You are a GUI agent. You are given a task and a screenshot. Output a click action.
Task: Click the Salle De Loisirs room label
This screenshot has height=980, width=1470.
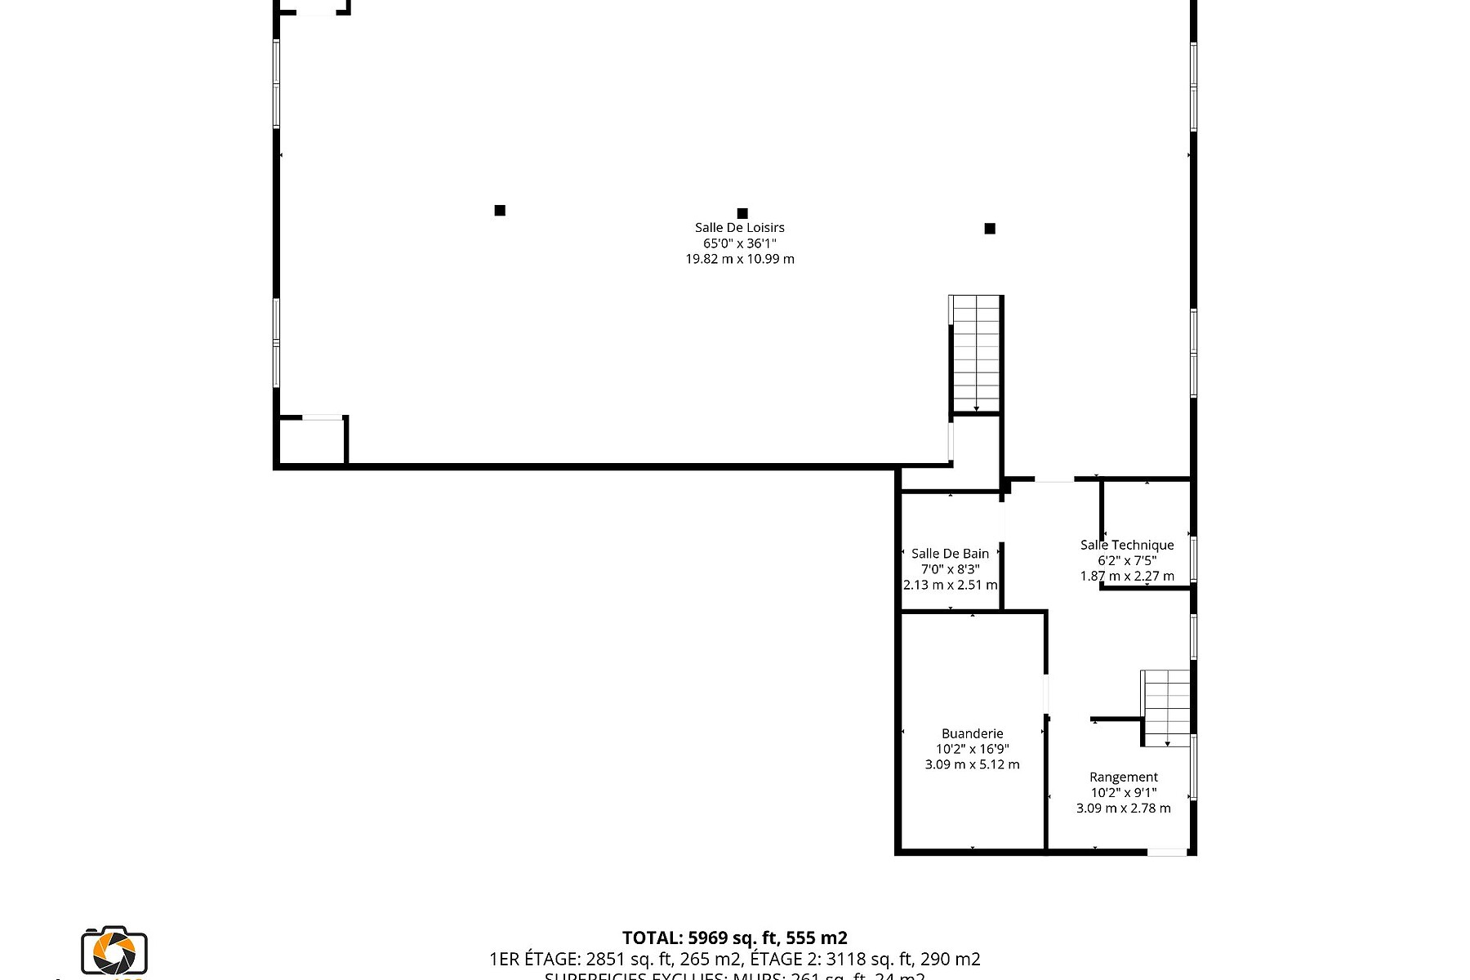click(x=739, y=228)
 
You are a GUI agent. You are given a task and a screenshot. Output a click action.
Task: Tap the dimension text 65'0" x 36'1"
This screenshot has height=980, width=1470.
click(x=739, y=243)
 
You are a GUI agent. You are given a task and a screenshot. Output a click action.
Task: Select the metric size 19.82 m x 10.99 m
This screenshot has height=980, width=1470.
click(x=739, y=259)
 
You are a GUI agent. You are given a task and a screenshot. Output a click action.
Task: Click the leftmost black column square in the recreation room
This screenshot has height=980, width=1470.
click(x=500, y=211)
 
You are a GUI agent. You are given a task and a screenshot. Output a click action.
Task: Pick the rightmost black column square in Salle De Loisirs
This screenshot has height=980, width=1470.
click(x=990, y=229)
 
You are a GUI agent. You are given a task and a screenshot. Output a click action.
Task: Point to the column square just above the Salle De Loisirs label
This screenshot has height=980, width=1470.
click(x=742, y=213)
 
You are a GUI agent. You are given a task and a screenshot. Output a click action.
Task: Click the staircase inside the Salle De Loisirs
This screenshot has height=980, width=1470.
click(x=976, y=353)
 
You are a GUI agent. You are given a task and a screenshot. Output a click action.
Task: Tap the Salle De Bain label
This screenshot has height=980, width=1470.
click(x=950, y=554)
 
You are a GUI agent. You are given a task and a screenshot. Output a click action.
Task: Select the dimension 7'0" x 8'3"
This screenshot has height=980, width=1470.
click(x=950, y=569)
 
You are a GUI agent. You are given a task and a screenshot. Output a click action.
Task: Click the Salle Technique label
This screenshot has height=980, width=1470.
click(x=1127, y=545)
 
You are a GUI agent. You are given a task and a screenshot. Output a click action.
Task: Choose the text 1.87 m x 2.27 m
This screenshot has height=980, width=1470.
click(x=1127, y=576)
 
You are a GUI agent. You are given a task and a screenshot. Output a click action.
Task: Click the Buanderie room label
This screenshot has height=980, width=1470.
click(x=972, y=733)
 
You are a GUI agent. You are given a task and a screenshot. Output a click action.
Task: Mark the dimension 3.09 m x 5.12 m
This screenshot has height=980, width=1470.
click(x=972, y=764)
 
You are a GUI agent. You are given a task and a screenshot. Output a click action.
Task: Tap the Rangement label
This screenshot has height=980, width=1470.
click(x=1124, y=777)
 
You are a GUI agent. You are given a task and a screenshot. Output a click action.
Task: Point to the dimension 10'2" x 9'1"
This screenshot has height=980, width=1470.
click(x=1124, y=792)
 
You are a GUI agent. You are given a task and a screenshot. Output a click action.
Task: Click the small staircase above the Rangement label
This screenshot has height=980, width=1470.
click(x=1166, y=707)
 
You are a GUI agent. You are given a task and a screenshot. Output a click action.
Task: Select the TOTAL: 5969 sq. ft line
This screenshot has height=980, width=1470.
click(x=734, y=938)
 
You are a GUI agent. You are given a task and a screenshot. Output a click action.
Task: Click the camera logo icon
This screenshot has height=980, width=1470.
click(x=114, y=951)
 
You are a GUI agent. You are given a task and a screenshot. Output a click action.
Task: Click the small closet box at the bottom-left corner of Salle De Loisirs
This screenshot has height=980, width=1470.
click(x=312, y=441)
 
